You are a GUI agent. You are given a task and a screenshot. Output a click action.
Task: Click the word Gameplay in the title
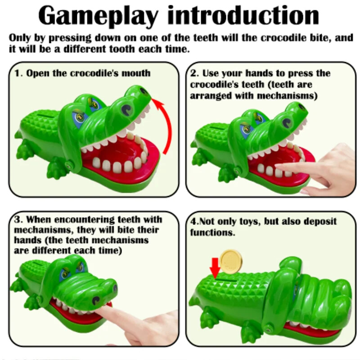[x=98, y=16]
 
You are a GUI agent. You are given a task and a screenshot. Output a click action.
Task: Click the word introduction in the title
[x=243, y=15]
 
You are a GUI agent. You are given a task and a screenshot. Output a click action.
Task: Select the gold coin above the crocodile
[x=231, y=261]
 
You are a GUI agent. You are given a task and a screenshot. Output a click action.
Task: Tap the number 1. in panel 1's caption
[x=19, y=73]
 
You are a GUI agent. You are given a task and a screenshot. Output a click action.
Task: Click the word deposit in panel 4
[x=320, y=222]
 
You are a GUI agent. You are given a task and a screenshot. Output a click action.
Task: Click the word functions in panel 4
[x=212, y=233]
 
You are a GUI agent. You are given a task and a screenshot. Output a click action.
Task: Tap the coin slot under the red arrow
[x=226, y=280]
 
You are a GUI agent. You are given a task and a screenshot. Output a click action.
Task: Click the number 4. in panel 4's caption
[x=194, y=222]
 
